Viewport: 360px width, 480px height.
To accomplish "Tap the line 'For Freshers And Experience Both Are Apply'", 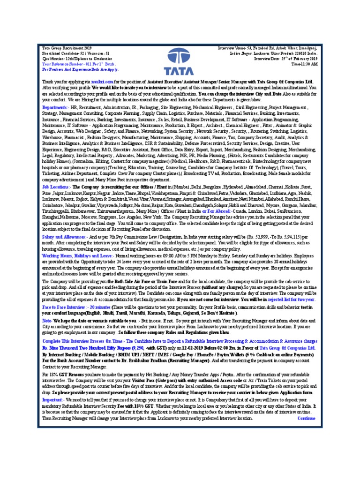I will pyautogui.click(x=80, y=69).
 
